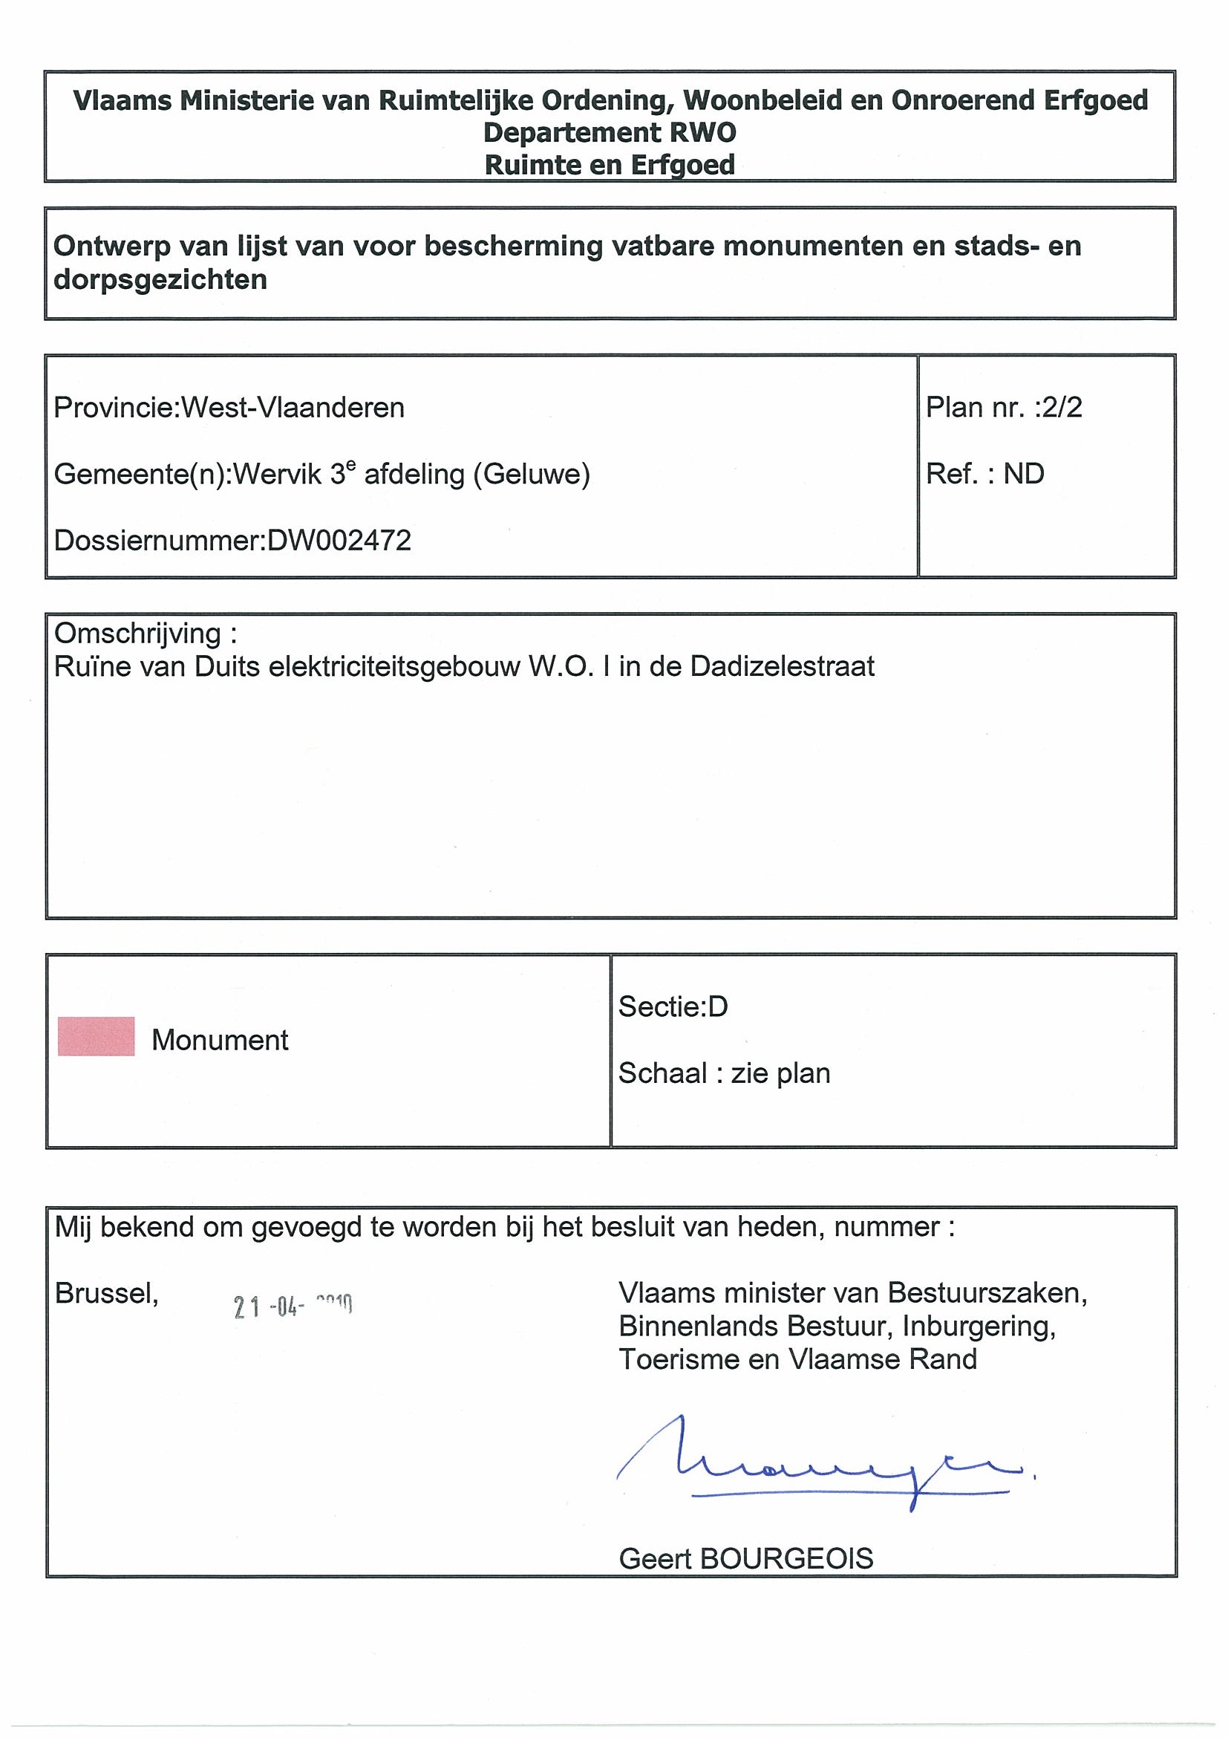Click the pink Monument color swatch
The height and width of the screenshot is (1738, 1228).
[96, 1036]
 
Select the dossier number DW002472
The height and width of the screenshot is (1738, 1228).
[339, 541]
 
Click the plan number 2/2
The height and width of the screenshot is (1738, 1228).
[1062, 408]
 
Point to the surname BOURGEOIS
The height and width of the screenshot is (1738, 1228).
[787, 1558]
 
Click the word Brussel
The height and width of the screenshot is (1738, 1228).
[106, 1293]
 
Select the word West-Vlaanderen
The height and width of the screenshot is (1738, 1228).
[293, 408]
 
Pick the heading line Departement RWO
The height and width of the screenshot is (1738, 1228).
[609, 132]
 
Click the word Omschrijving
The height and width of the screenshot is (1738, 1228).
[138, 634]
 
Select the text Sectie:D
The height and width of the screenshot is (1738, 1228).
[673, 1006]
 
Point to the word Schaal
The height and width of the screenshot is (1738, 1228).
[663, 1073]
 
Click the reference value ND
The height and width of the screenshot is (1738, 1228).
[1024, 474]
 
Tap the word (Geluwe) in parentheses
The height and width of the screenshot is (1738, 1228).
[531, 475]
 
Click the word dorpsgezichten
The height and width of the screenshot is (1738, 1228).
[160, 280]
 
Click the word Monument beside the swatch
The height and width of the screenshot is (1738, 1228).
[220, 1040]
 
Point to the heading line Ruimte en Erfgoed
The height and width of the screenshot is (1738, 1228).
[609, 165]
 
